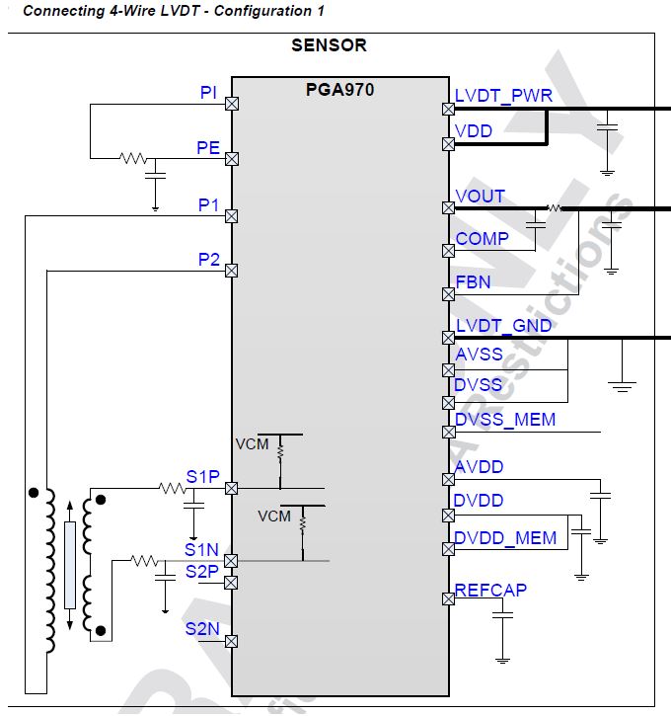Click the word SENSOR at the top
click(x=329, y=45)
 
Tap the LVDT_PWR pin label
click(x=503, y=96)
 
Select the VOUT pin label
click(x=480, y=197)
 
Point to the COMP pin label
click(x=482, y=238)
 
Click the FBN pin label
click(x=473, y=282)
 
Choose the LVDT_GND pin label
click(x=503, y=326)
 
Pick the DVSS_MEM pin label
click(x=504, y=420)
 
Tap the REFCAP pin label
click(x=490, y=590)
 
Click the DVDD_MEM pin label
click(x=505, y=538)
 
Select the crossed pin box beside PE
click(x=232, y=158)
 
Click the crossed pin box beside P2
click(x=232, y=270)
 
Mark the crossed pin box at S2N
click(x=232, y=640)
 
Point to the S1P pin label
click(x=202, y=477)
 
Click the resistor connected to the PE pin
click(x=132, y=157)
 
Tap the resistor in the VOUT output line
click(x=555, y=208)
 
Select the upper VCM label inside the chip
click(x=252, y=443)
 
